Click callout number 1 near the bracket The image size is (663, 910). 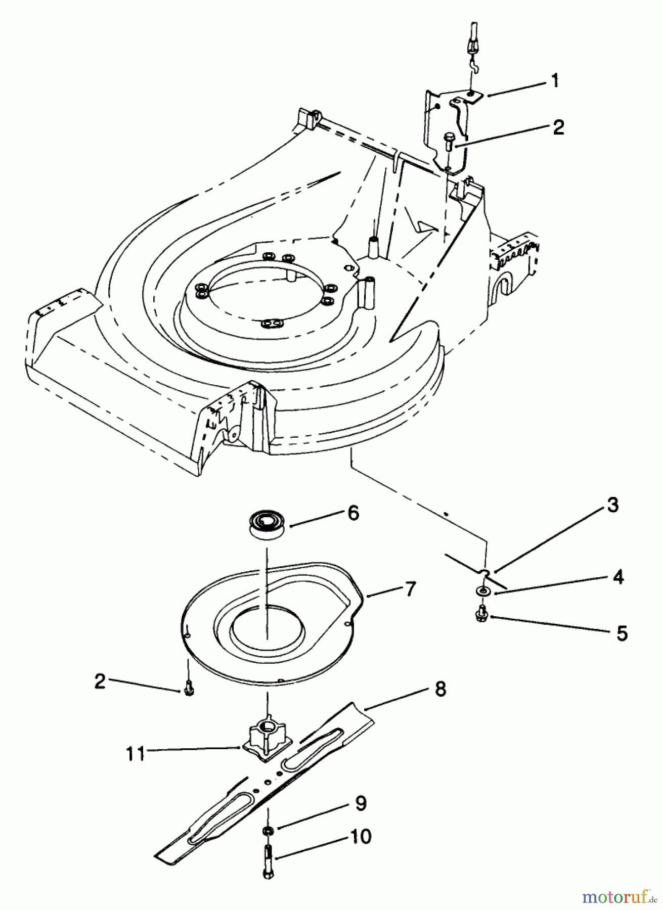(x=555, y=80)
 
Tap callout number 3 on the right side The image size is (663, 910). (x=612, y=506)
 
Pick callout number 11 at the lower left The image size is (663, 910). (x=136, y=754)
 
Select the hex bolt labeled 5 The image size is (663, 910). (x=483, y=613)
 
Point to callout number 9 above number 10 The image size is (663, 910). (x=360, y=803)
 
